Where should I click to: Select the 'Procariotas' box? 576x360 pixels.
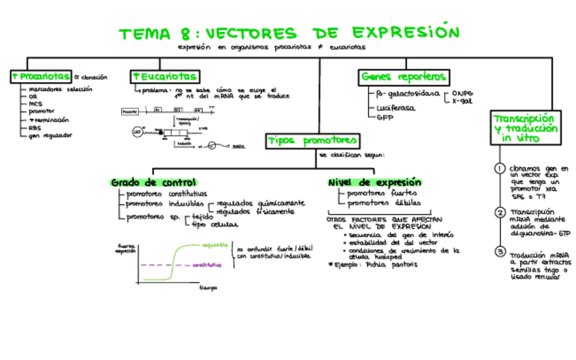pos(40,76)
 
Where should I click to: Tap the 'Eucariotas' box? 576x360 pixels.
pos(165,77)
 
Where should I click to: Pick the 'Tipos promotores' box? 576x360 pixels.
pos(312,141)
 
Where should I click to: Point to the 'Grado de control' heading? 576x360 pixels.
pos(154,183)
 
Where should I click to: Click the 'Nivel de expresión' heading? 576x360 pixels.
pos(374,183)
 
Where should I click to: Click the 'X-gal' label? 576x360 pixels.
pos(462,101)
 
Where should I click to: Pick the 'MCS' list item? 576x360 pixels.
pos(35,104)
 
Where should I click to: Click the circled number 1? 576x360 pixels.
pos(500,168)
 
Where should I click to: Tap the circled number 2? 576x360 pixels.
pos(500,213)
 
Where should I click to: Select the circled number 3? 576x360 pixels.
pos(500,252)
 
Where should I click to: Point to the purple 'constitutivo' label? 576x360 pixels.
pos(207,266)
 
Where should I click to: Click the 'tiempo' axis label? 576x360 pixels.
pos(208,287)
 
